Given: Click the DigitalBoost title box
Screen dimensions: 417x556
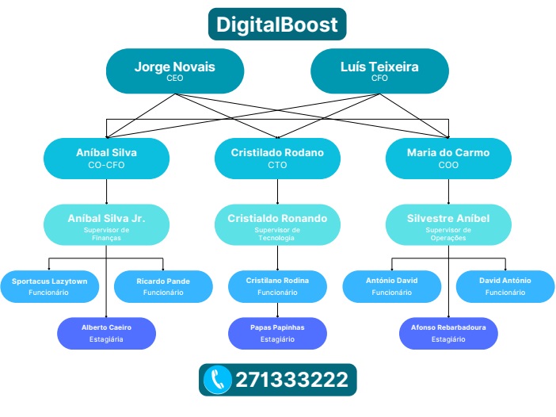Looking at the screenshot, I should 277,24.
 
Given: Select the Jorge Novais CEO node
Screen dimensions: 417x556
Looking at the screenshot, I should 174,71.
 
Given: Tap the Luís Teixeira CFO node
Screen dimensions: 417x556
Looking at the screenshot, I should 379,71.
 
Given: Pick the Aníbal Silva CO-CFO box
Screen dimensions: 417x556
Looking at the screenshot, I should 106,158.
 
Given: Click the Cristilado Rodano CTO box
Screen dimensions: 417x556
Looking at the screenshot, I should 277,158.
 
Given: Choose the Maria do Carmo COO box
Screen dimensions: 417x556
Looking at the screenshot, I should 448,158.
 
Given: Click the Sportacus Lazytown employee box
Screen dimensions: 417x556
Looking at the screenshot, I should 49,286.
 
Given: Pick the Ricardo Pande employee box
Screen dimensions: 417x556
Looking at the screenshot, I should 163,286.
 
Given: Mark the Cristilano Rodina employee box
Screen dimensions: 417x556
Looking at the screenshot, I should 277,286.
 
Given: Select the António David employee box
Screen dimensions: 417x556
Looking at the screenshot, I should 391,286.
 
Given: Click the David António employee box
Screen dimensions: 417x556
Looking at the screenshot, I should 505,286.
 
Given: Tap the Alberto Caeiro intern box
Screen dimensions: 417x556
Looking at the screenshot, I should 106,333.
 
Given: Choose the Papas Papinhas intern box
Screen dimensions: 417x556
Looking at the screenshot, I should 277,333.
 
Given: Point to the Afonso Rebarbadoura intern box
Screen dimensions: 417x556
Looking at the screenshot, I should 448,333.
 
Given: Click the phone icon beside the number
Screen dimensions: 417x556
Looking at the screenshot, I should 217,380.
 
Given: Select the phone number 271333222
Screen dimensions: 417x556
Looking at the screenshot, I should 291,380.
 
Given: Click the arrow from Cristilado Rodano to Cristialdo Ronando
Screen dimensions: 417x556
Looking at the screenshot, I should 277,191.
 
